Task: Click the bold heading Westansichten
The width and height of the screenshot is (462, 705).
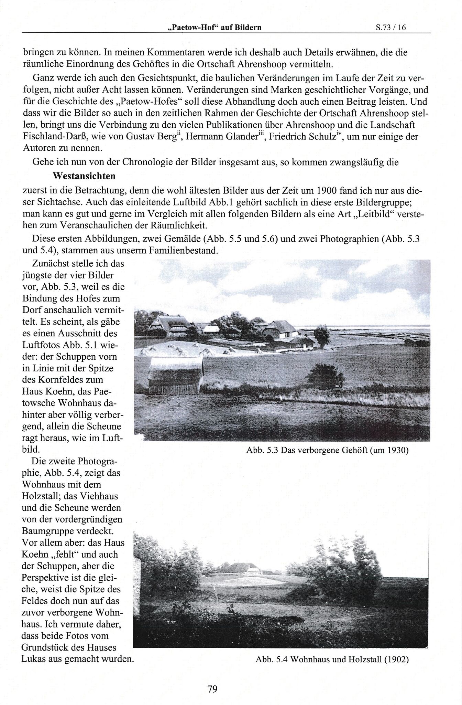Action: [x=84, y=176]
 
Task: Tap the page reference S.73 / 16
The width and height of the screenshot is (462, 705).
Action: [x=391, y=28]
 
